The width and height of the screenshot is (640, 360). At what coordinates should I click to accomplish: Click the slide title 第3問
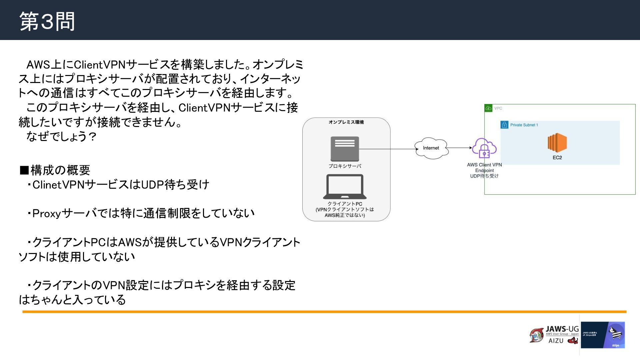[x=47, y=21]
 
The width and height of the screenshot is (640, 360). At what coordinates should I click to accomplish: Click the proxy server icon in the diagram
[x=345, y=149]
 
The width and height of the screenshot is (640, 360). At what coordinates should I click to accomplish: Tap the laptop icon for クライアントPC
[x=345, y=187]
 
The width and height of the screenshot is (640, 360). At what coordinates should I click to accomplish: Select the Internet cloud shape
[x=431, y=148]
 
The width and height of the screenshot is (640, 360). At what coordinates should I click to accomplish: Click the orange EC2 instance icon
[x=557, y=143]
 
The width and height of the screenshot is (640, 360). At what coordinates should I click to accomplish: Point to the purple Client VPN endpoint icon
[x=484, y=148]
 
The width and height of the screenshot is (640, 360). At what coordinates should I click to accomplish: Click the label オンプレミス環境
[x=346, y=122]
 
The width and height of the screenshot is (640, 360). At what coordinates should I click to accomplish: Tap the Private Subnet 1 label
[x=524, y=125]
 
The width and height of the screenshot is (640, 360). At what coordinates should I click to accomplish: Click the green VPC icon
[x=488, y=108]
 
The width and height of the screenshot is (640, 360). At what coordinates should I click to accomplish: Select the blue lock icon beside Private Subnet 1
[x=504, y=125]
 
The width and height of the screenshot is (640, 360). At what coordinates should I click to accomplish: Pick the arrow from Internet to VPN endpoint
[x=459, y=148]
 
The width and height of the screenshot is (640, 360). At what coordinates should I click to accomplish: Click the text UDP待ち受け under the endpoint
[x=484, y=176]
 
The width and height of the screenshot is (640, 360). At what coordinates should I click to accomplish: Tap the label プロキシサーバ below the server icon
[x=345, y=166]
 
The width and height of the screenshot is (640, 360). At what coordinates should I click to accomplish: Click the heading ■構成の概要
[x=55, y=170]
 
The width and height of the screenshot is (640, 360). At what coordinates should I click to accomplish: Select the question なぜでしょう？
[x=62, y=136]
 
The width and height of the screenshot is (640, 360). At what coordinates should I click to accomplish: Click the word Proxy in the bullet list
[x=47, y=213]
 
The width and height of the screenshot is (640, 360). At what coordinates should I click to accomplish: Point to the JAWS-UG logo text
[x=562, y=329]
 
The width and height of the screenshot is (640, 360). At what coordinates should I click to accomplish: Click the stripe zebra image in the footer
[x=615, y=334]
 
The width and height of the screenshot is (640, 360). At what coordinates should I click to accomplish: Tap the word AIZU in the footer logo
[x=556, y=341]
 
